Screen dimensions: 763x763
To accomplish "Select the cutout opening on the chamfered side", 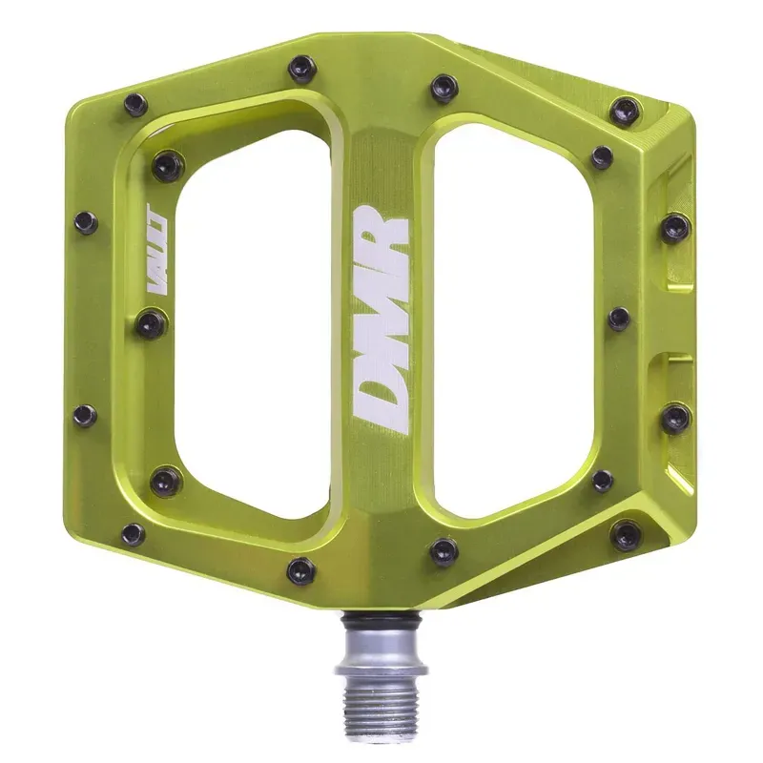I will tap(520, 315).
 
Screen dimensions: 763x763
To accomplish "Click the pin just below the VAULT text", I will tap(150, 324).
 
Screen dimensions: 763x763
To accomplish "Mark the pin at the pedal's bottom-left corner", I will tap(134, 534).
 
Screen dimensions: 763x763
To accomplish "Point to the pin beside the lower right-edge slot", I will tap(676, 418).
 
